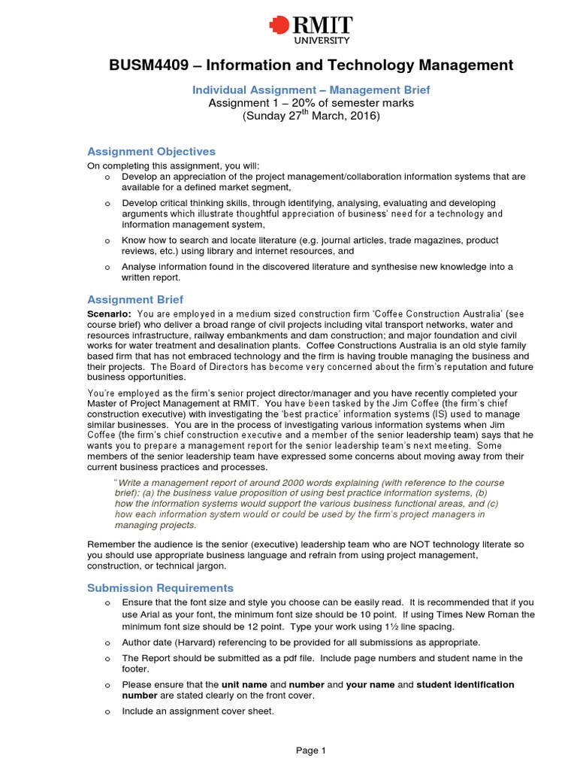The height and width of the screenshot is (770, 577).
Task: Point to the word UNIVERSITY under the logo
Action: pyautogui.click(x=322, y=40)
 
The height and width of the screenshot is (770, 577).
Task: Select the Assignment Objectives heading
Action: pyautogui.click(x=151, y=151)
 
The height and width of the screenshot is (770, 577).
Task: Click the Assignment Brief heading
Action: pyautogui.click(x=135, y=299)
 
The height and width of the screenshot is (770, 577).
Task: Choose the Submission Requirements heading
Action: pyautogui.click(x=160, y=588)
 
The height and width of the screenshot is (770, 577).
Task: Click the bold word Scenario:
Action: pyautogui.click(x=110, y=314)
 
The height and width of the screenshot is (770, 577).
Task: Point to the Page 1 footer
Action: pyautogui.click(x=310, y=750)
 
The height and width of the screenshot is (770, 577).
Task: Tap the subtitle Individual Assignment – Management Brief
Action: pyautogui.click(x=311, y=89)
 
